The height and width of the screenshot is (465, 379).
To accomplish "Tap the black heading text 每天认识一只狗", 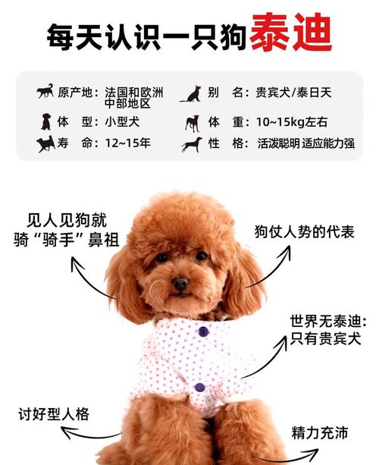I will [147, 35].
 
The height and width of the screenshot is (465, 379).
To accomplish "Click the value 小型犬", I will [121, 121].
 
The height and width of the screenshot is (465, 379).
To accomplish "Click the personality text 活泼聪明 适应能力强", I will [305, 143].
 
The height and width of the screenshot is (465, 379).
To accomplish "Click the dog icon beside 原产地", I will [45, 92].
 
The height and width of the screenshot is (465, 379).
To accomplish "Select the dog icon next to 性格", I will [191, 143].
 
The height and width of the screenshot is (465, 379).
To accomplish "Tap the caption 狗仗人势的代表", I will [304, 232].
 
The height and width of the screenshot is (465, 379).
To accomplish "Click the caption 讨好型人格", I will [54, 414].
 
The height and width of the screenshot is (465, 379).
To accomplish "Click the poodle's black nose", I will [180, 284].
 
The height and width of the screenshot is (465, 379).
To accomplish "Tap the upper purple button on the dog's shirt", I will [203, 331].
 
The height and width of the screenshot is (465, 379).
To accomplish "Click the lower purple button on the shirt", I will [199, 387].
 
